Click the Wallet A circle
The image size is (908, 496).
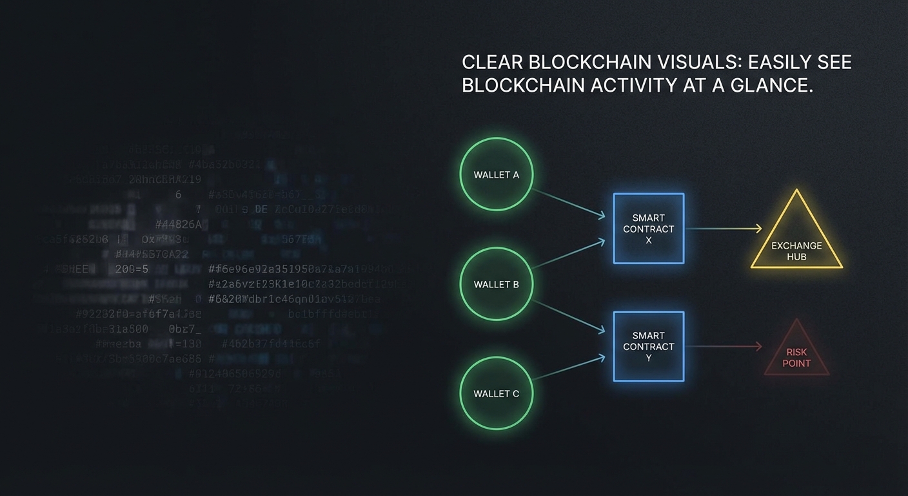(x=496, y=175)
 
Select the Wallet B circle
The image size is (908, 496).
(x=496, y=284)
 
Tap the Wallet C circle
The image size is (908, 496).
(x=496, y=393)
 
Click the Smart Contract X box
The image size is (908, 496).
(x=648, y=229)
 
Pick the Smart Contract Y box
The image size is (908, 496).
(x=648, y=346)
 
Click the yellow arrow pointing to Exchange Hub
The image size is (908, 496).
(x=723, y=229)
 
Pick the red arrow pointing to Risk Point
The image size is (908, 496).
(x=723, y=347)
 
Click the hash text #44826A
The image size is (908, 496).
(x=179, y=225)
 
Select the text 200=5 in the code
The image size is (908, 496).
(x=132, y=269)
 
